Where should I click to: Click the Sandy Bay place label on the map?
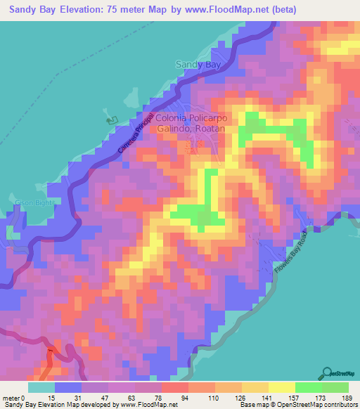click(x=196, y=65)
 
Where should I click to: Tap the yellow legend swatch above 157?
click(x=281, y=387)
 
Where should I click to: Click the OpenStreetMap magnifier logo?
click(x=326, y=372)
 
